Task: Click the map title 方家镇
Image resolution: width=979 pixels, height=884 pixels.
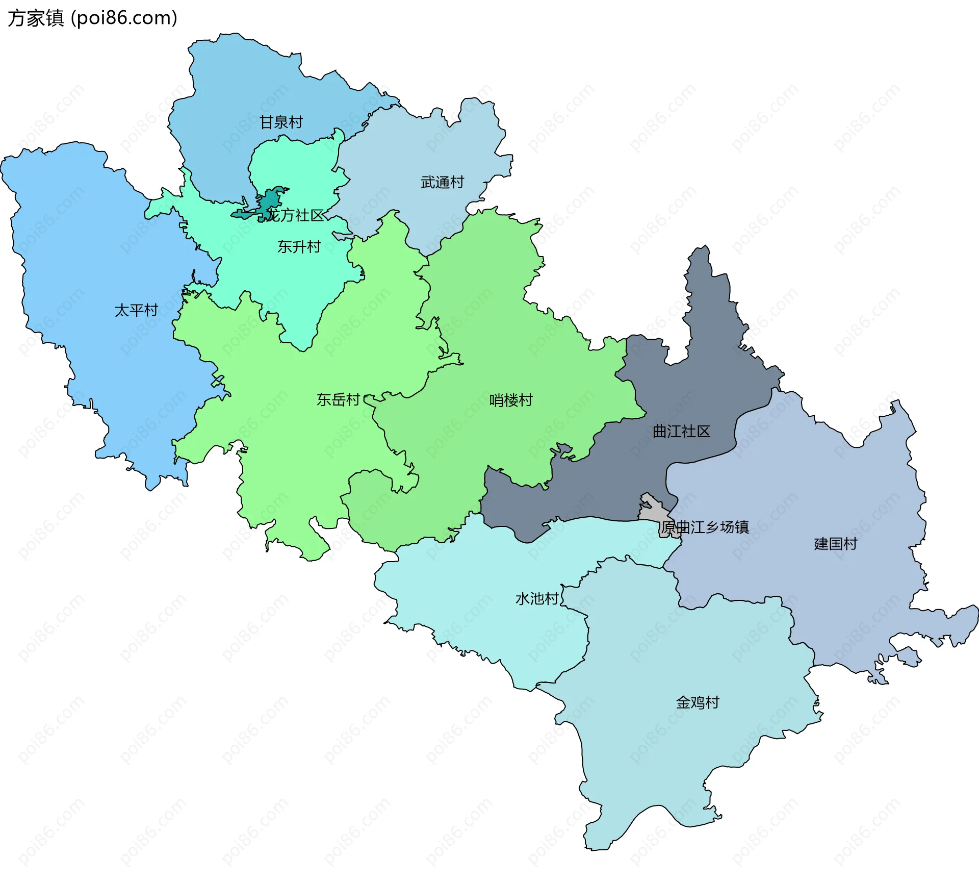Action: (x=36, y=18)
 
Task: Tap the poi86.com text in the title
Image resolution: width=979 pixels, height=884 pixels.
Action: (x=124, y=18)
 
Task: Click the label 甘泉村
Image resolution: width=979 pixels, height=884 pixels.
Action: (x=281, y=122)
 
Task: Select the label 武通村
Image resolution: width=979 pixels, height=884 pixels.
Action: (x=442, y=182)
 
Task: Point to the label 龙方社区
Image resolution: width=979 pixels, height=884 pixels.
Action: (x=296, y=215)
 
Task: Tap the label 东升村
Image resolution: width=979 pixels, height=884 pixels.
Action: (x=299, y=247)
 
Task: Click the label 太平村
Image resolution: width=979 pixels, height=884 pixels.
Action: (x=136, y=310)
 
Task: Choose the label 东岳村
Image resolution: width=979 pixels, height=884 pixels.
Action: (x=338, y=399)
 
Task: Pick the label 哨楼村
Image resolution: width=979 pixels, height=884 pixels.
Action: (x=511, y=400)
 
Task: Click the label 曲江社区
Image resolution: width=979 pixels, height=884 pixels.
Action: (x=681, y=432)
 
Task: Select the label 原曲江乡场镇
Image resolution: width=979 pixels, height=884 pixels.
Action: (x=705, y=527)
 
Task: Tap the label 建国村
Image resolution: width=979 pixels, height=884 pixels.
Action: (x=835, y=544)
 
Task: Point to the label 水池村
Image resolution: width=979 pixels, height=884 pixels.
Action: (x=537, y=598)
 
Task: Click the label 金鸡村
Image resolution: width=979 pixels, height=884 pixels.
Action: (x=698, y=702)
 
